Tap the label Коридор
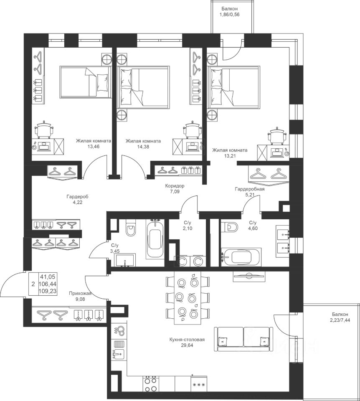pos(175,186)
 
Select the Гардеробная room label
pos(250,189)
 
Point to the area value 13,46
pos(93,147)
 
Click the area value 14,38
pos(143,147)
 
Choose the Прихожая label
pos(80,294)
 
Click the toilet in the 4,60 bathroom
pos(230,226)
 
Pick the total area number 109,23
pos(48,291)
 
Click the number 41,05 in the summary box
pos(48,277)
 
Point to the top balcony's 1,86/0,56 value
pos(229,15)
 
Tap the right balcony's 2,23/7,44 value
pos(340,320)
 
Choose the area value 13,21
pos(230,155)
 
